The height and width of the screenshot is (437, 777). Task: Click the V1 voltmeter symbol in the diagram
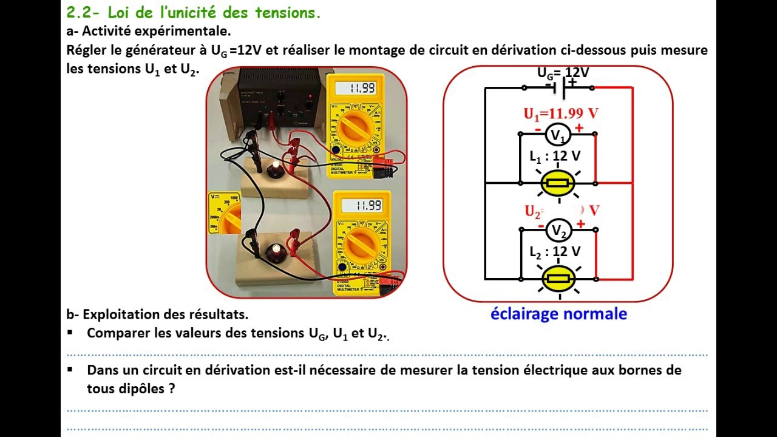[x=557, y=134]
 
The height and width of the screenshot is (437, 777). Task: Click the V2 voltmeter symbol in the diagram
[x=558, y=230]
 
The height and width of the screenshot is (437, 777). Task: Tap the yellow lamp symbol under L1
[x=557, y=183]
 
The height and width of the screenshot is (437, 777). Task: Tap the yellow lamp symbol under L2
[x=558, y=279]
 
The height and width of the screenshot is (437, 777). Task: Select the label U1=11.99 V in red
[x=561, y=113]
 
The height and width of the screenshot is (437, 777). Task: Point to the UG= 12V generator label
[x=563, y=73]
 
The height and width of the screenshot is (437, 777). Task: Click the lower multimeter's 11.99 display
[x=362, y=205]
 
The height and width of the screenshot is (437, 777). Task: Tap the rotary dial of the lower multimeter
[x=362, y=244]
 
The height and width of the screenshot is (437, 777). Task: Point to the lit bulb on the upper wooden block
[x=277, y=166]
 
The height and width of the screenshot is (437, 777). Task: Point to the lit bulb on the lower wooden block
[x=276, y=249]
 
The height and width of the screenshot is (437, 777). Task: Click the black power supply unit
[x=280, y=97]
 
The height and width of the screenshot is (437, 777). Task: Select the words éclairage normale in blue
[x=558, y=314]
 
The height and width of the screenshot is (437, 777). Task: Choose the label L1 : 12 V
[x=555, y=156]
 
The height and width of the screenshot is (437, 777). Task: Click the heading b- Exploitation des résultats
[x=157, y=314]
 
